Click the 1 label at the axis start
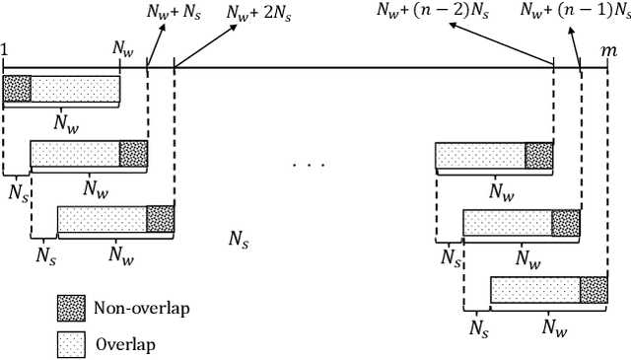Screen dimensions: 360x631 click(6, 47)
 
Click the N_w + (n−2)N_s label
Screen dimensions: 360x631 click(431, 11)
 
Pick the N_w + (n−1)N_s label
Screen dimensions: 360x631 click(574, 11)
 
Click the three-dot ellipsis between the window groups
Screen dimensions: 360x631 click(308, 164)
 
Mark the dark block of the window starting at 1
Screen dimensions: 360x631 click(17, 90)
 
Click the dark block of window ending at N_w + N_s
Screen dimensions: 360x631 click(133, 154)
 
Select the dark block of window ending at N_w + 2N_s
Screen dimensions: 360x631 click(160, 219)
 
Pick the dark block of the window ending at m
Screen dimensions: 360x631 click(594, 290)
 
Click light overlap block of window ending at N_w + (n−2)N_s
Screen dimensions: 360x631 click(480, 156)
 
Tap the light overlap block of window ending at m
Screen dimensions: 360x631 click(534, 290)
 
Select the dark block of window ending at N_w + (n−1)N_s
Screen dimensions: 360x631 click(566, 223)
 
